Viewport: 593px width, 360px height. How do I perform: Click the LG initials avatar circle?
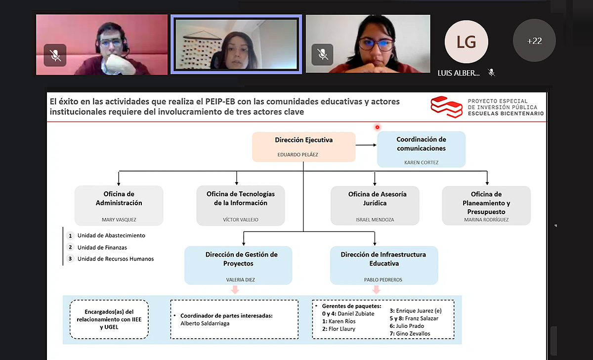[466, 42]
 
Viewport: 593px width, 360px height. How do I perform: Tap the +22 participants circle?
[534, 41]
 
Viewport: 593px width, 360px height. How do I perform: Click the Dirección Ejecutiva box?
[303, 147]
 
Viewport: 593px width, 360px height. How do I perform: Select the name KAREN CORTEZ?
[421, 162]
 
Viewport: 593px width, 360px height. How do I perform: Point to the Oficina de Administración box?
[119, 205]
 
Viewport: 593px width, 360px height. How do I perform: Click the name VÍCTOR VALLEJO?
[240, 220]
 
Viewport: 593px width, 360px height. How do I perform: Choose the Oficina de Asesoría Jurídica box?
[375, 206]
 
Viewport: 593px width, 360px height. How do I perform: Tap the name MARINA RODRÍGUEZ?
[486, 220]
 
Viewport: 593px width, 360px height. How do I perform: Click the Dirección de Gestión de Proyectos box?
[238, 265]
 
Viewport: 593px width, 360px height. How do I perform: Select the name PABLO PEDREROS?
[383, 280]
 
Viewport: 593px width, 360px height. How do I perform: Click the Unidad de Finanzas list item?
[102, 247]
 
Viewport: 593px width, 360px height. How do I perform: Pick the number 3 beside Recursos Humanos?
[70, 259]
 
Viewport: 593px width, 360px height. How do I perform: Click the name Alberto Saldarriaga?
[205, 323]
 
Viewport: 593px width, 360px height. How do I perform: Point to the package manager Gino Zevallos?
[410, 333]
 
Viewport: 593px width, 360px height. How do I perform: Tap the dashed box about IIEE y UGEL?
[109, 319]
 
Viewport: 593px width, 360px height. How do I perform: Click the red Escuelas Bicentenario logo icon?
[446, 107]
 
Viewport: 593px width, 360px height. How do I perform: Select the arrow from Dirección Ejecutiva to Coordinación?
[366, 145]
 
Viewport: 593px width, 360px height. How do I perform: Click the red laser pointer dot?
[377, 127]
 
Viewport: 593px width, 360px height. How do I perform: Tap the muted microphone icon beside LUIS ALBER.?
[491, 73]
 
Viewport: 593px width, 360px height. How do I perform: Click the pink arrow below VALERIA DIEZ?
[235, 290]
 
